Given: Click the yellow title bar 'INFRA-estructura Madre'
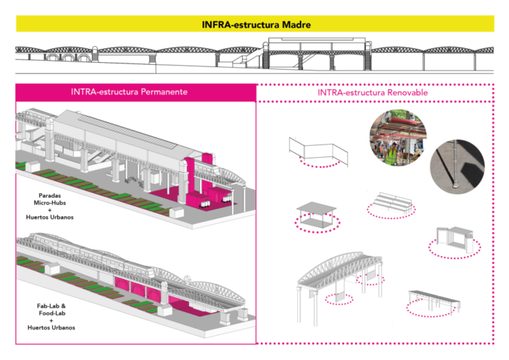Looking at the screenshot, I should [254, 24].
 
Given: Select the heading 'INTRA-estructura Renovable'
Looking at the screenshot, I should [372, 92].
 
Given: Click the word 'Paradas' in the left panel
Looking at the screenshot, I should [53, 195].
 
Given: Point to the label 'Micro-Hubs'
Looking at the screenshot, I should [53, 203].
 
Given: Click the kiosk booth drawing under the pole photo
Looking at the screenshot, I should [454, 238].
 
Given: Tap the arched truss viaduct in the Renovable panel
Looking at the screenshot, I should [339, 271].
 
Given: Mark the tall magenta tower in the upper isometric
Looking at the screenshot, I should [188, 179].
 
